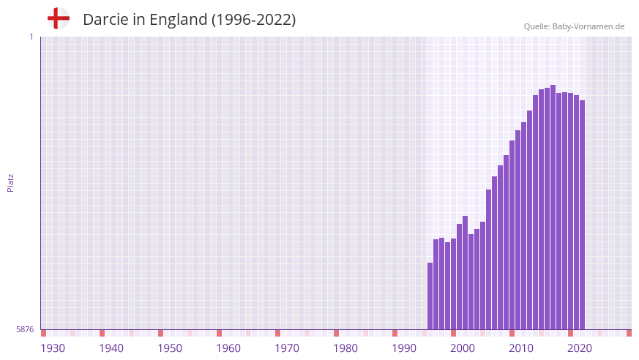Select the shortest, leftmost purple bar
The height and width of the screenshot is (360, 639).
[430, 296]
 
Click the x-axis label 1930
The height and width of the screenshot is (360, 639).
[53, 348]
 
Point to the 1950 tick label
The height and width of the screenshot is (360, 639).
[170, 348]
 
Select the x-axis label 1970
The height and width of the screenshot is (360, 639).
[287, 348]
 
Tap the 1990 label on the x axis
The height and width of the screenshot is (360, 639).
[404, 348]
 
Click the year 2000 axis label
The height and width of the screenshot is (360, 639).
[463, 348]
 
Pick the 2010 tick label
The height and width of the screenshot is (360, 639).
[521, 348]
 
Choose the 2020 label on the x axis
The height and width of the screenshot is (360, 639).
[580, 348]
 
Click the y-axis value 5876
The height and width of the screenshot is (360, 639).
[25, 330]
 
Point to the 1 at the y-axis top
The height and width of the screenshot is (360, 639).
[31, 37]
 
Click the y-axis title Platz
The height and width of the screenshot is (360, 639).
[10, 183]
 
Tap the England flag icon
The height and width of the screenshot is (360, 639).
[59, 18]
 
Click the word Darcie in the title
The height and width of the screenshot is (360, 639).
[106, 20]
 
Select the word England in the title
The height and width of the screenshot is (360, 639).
[179, 20]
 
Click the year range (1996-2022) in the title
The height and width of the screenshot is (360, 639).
[253, 20]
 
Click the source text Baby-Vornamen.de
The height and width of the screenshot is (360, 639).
[588, 26]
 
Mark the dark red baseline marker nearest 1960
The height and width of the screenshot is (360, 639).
[219, 333]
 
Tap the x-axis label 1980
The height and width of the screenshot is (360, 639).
[345, 348]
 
